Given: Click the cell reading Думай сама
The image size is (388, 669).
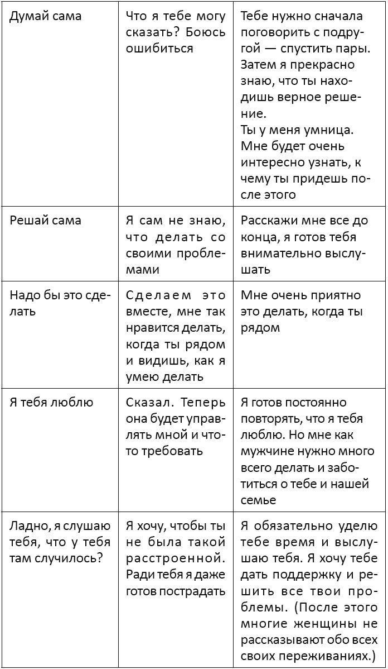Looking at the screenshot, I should click(x=46, y=16).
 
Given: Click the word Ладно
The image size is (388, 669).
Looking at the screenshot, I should click(x=28, y=525).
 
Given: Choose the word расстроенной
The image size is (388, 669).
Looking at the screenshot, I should click(x=176, y=558).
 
